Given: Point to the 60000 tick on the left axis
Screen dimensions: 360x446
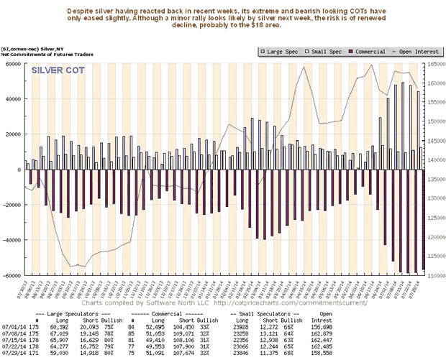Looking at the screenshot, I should click(x=14, y=63).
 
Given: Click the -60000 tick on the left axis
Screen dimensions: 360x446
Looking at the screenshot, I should click(x=12, y=276).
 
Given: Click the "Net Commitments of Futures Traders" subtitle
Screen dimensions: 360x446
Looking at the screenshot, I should click(x=46, y=52).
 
